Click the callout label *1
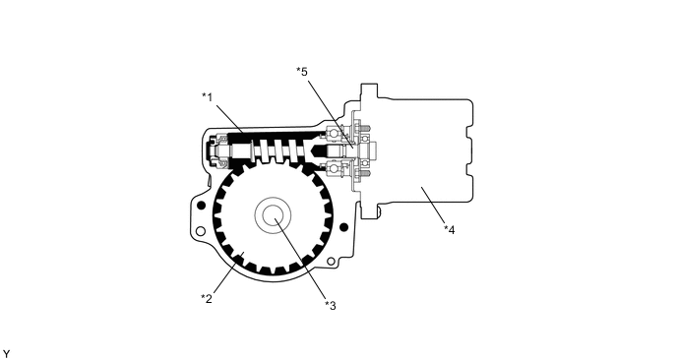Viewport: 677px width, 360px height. click(x=208, y=97)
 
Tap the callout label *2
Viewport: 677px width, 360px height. click(x=207, y=298)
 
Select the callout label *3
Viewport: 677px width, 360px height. click(x=331, y=306)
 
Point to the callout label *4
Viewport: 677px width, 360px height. click(x=450, y=230)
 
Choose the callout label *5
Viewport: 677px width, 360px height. click(x=302, y=71)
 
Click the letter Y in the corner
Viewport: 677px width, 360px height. click(x=6, y=354)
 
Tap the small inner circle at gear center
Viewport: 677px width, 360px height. click(x=273, y=214)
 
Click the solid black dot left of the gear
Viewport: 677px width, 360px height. click(x=201, y=205)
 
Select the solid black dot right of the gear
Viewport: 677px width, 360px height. click(x=343, y=227)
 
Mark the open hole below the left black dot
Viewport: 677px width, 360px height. click(x=201, y=231)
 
